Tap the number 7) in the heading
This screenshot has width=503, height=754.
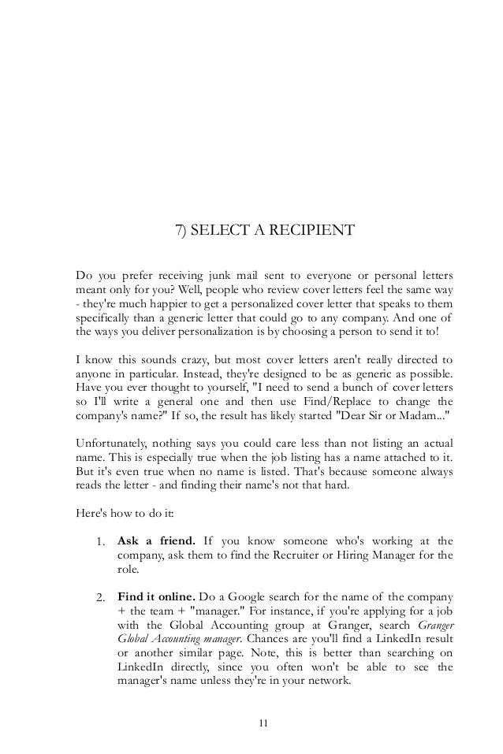click(180, 230)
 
